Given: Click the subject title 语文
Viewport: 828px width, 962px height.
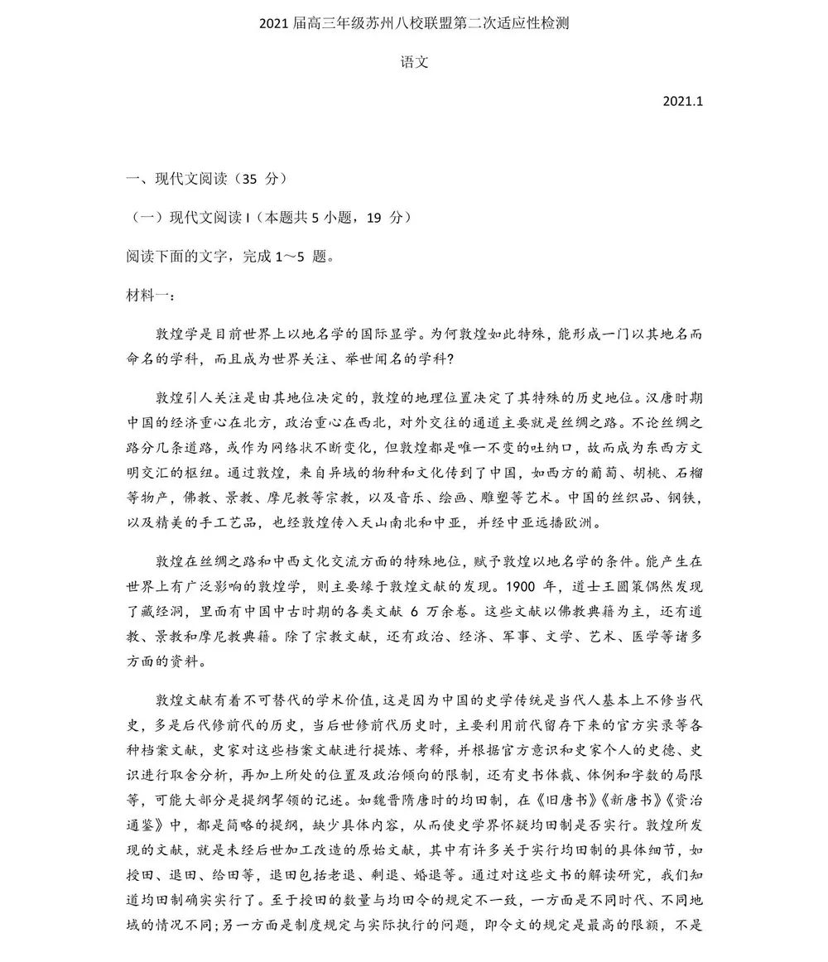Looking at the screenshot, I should tap(414, 62).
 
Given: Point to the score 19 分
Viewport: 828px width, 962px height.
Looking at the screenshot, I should tap(387, 217).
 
